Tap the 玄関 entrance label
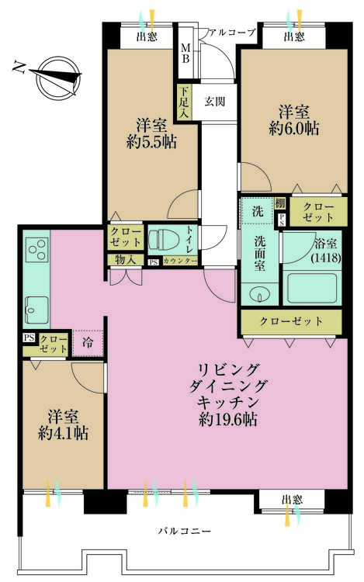tap(214, 101)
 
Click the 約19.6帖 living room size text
tap(227, 420)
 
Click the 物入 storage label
tap(126, 260)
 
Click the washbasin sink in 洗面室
tap(258, 293)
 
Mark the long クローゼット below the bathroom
tap(291, 320)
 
